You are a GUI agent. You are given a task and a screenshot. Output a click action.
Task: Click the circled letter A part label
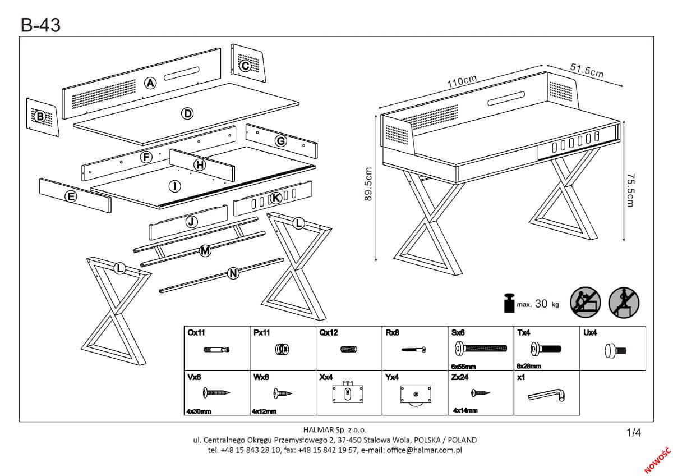[x=150, y=84]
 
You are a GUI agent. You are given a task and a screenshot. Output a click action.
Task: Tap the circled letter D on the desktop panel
[x=187, y=114]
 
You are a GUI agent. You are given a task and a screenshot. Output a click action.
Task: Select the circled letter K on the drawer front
[x=275, y=198]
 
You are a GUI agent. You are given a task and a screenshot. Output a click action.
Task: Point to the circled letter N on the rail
[x=234, y=273]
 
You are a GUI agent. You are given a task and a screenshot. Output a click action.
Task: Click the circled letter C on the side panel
[x=245, y=66]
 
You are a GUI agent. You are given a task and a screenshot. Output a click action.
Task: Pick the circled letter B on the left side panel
[x=40, y=117]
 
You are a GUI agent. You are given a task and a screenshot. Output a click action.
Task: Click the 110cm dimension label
[x=462, y=81]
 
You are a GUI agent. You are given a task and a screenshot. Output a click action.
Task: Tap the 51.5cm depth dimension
[x=587, y=71]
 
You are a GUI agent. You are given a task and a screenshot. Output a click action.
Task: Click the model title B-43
[x=41, y=25]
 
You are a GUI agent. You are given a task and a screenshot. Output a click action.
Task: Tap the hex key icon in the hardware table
[x=546, y=396]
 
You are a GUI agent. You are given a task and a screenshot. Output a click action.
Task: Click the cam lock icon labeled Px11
[x=282, y=350]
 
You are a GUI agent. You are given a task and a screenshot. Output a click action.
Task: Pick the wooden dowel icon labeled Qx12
[x=348, y=350]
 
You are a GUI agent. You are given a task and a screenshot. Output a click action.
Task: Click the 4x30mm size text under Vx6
[x=199, y=411]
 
